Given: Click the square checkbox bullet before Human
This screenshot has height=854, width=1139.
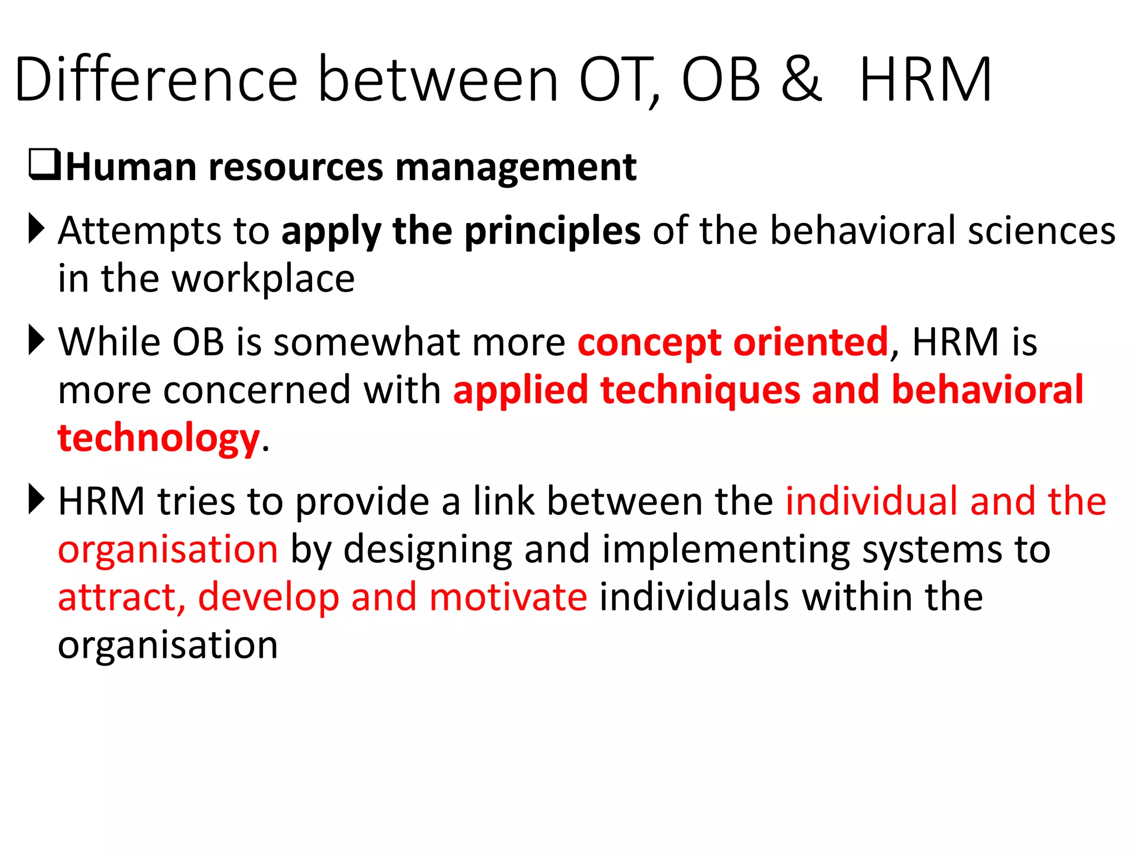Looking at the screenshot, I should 44,165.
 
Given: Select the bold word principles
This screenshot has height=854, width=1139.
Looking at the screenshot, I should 552,231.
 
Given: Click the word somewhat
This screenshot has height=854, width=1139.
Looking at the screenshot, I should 367,342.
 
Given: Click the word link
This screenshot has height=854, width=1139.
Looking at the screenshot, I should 503,502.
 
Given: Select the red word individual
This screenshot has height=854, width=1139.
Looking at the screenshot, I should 871,502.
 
